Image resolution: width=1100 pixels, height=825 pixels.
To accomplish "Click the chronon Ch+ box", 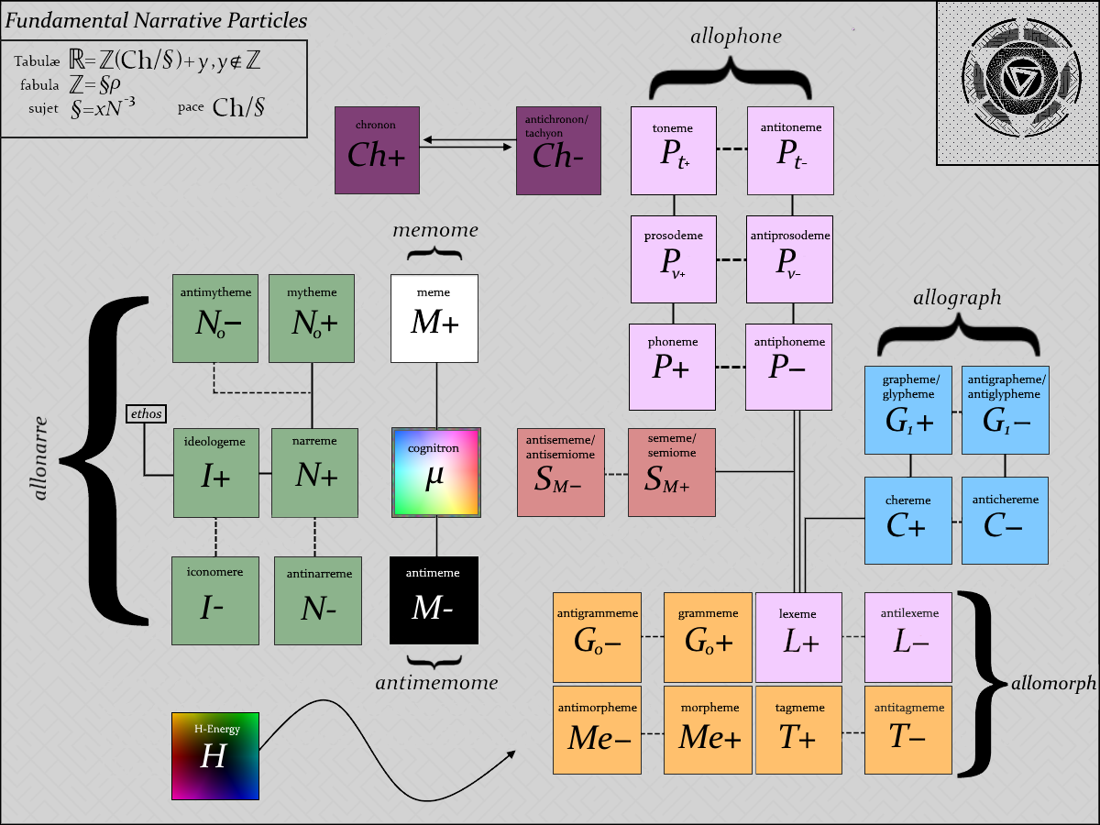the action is point(377,150).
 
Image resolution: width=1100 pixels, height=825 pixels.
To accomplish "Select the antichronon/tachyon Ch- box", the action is point(558,150).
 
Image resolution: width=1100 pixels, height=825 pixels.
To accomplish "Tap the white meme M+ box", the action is point(434,318).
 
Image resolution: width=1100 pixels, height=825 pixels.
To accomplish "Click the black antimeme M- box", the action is point(434,600).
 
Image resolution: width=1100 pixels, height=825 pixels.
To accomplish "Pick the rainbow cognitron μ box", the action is point(436,472).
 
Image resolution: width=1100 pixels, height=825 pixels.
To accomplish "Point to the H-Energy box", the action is point(215,756).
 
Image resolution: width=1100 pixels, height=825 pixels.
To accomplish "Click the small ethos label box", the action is point(146,413).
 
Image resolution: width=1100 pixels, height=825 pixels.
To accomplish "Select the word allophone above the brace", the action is point(736,36).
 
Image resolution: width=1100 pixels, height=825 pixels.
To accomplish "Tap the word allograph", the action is point(957,298).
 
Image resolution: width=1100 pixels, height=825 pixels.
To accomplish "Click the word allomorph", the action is point(1053,683).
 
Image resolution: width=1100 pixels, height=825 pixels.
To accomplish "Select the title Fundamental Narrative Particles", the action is point(156,20).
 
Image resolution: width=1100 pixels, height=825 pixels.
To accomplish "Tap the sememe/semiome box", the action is point(672,472).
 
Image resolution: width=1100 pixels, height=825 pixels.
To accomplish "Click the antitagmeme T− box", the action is point(908,730).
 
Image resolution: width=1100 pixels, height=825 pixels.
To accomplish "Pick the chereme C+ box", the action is point(908,521).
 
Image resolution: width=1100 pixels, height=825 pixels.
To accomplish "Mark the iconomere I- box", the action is point(215,600).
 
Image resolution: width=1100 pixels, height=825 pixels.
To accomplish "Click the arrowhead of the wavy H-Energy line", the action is point(511,754).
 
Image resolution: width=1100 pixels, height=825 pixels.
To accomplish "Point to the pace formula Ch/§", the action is point(238,107).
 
